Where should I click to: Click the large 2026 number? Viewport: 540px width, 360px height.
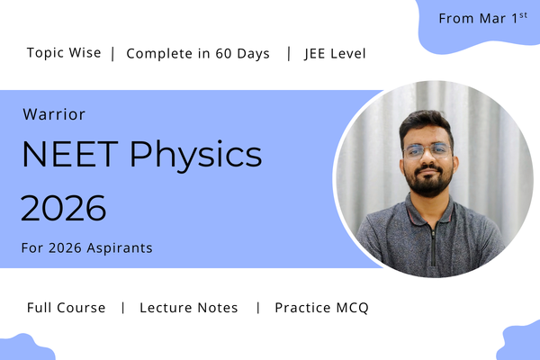click(63, 208)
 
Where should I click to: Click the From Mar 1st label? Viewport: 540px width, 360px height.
click(482, 18)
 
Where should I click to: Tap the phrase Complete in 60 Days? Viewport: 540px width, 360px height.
click(198, 53)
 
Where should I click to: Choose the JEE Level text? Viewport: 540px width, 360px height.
click(335, 53)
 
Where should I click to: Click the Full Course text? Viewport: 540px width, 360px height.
click(66, 308)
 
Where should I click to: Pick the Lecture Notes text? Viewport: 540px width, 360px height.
click(189, 308)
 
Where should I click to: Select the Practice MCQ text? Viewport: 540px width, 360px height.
click(321, 308)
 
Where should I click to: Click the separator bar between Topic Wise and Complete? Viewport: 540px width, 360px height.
click(112, 53)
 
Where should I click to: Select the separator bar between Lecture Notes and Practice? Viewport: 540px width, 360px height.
click(257, 308)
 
